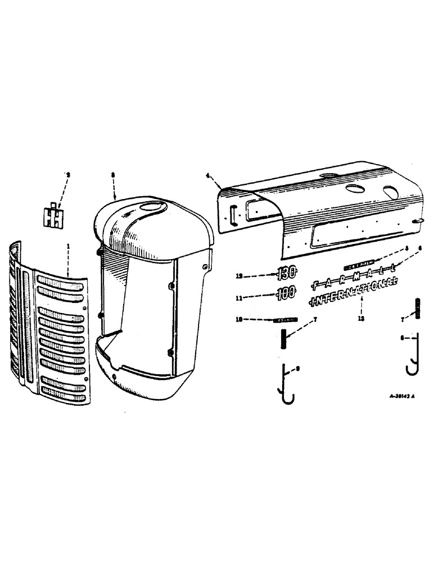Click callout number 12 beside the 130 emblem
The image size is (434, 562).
[240, 275]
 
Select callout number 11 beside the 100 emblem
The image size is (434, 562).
[240, 293]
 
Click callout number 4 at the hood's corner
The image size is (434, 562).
[208, 176]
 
